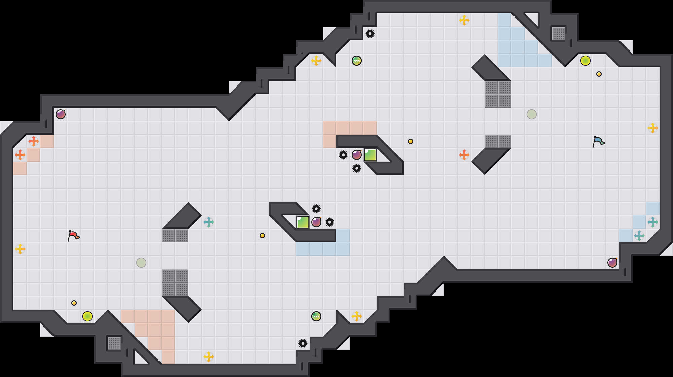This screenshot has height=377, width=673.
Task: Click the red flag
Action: coord(73,236)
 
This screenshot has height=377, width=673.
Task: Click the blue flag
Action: coord(598,141)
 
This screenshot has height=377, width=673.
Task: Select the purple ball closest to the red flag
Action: coord(61,114)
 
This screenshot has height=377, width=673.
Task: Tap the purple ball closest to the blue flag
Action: coord(612,263)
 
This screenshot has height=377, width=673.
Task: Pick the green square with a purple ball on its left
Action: coord(370,155)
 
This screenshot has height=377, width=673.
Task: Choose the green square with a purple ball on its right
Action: coord(303,222)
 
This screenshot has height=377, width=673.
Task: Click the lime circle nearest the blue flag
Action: coord(586,61)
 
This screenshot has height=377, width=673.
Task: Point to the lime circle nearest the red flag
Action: coord(87,316)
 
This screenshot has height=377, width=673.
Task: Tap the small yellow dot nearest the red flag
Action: coord(74,303)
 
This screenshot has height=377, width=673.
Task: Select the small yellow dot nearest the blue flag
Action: coord(599,74)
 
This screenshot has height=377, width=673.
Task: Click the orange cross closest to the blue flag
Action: coord(464,155)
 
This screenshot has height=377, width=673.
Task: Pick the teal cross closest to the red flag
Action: coord(209,222)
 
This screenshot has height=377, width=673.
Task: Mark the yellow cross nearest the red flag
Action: coord(20,249)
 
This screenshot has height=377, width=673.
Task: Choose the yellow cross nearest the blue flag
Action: coord(653,128)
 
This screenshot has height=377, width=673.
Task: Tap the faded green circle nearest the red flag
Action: coord(141,263)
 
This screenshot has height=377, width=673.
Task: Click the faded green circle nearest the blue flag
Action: coord(532,114)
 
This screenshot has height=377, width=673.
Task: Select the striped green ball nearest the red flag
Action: coord(316,316)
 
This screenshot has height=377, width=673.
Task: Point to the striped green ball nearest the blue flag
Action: coord(357,61)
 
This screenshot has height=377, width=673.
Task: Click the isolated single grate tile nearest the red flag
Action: coord(114,343)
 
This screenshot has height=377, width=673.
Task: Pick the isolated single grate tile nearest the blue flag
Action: coord(559,34)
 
